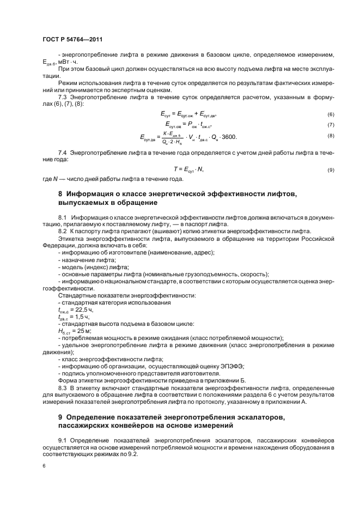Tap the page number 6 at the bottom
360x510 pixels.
[x=44, y=466]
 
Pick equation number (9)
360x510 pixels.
[x=330, y=170]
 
